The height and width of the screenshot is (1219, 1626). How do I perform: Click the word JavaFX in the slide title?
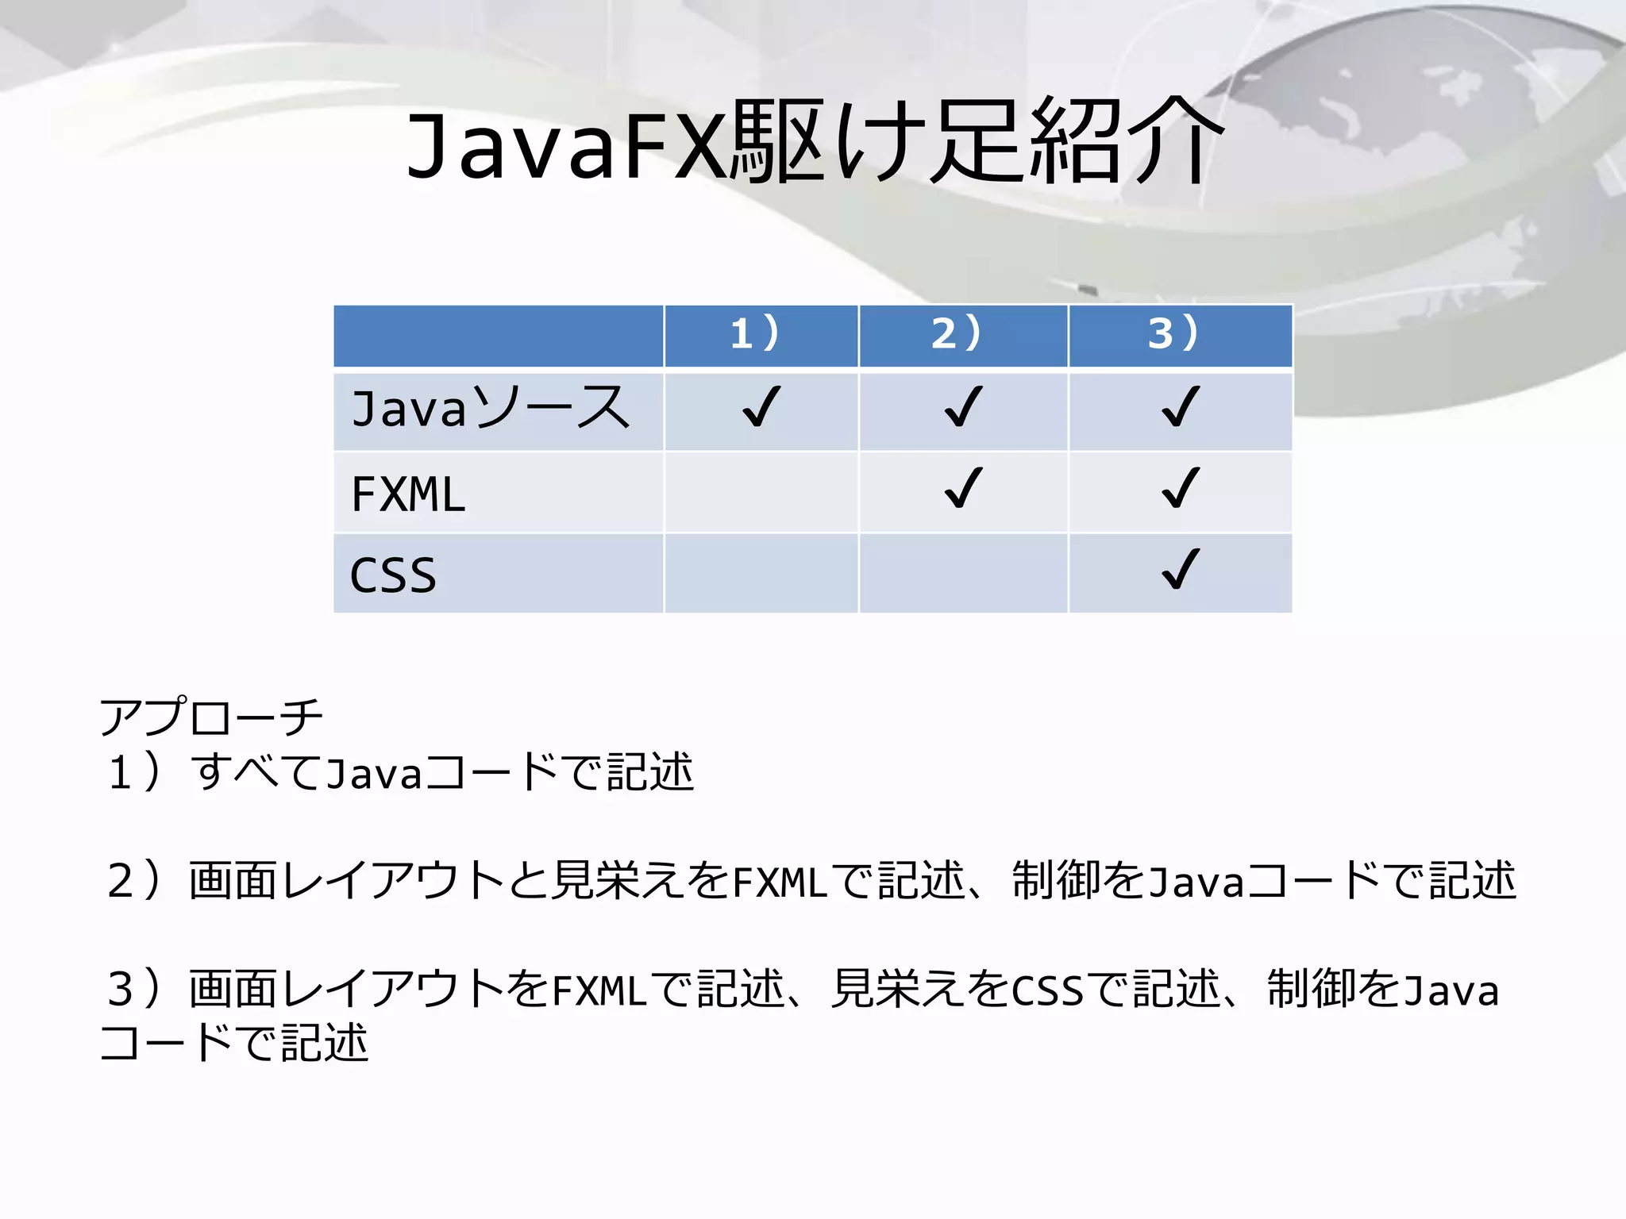pyautogui.click(x=565, y=143)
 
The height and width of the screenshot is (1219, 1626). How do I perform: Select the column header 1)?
pyautogui.click(x=755, y=333)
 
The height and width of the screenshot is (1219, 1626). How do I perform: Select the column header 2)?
pyautogui.click(x=957, y=333)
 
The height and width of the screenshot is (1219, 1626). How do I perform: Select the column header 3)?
pyautogui.click(x=1173, y=333)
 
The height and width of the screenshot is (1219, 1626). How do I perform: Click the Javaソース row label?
pyautogui.click(x=490, y=409)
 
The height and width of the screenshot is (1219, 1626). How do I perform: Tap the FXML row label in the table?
pyautogui.click(x=408, y=494)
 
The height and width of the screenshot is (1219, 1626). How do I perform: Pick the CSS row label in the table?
pyautogui.click(x=393, y=575)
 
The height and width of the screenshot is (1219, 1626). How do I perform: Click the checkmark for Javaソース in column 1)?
pyautogui.click(x=761, y=407)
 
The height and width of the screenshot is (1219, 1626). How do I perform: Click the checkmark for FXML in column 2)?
pyautogui.click(x=963, y=488)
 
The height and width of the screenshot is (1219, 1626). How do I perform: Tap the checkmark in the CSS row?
pyautogui.click(x=1180, y=570)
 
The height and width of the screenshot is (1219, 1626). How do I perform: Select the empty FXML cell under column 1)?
pyautogui.click(x=761, y=492)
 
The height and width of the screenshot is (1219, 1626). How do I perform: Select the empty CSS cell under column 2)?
pyautogui.click(x=963, y=573)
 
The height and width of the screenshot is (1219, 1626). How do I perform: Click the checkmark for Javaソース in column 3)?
pyautogui.click(x=1180, y=407)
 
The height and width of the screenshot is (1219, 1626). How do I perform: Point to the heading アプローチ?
pyautogui.click(x=211, y=717)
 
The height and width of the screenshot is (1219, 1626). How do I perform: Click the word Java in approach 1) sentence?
pyautogui.click(x=373, y=774)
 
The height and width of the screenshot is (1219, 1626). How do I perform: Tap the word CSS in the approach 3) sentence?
pyautogui.click(x=1046, y=990)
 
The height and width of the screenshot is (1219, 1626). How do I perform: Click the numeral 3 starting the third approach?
pyautogui.click(x=121, y=990)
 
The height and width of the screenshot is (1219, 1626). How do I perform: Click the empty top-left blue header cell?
pyautogui.click(x=498, y=336)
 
